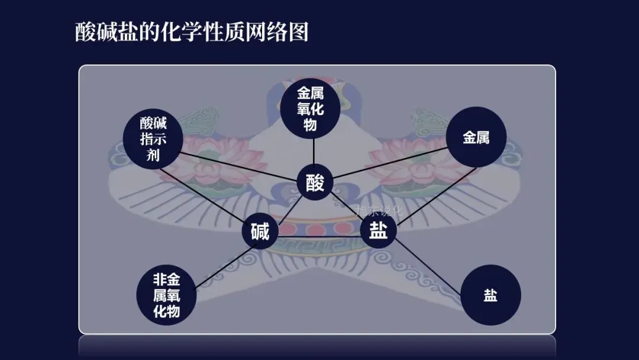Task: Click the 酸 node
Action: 315,183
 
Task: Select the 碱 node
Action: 260,232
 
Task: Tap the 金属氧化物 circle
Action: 311,109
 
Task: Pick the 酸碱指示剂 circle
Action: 153,140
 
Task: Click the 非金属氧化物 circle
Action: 166,295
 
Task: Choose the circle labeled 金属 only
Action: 476,138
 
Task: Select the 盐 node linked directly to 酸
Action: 378,231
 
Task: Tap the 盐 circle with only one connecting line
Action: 490,295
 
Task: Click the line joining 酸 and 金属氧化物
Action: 313,151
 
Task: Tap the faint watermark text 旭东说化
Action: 379,210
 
